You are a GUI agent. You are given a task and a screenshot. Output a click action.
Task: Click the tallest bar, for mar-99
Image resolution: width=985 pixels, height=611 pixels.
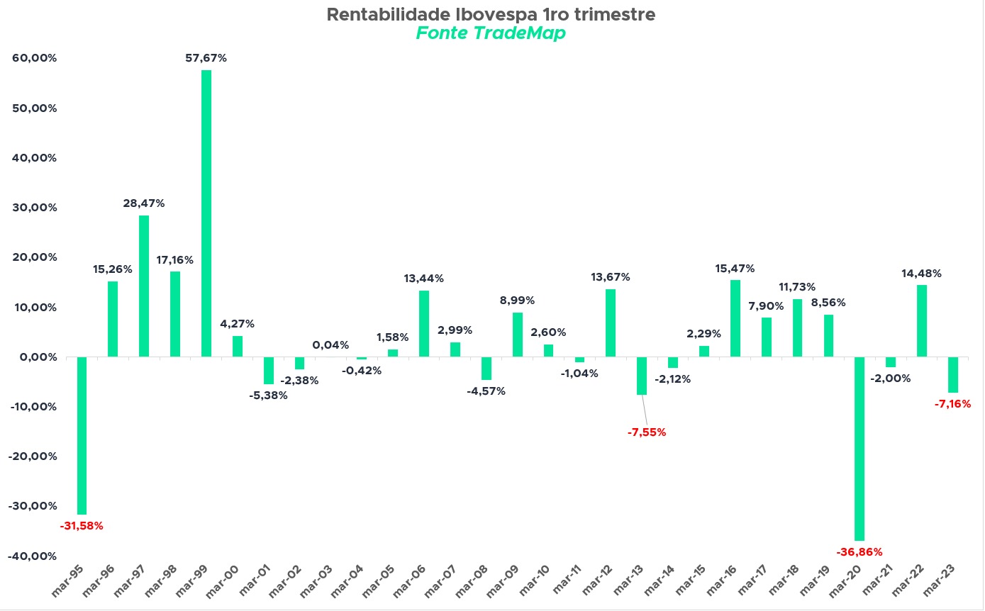pyautogui.click(x=206, y=213)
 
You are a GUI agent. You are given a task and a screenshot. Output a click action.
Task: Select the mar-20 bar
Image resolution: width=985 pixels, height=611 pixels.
pyautogui.click(x=859, y=449)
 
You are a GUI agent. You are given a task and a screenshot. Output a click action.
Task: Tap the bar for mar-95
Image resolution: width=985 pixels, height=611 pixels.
pyautogui.click(x=82, y=435)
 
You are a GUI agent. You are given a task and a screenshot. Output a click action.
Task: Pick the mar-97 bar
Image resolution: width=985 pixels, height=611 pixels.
pyautogui.click(x=144, y=286)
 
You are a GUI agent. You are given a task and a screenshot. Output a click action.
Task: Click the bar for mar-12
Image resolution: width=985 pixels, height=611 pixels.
pyautogui.click(x=611, y=323)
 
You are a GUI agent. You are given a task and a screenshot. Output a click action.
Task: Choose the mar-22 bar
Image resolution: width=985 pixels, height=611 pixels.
pyautogui.click(x=922, y=321)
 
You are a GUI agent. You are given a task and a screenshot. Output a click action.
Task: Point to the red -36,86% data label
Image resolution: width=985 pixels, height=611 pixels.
pyautogui.click(x=859, y=552)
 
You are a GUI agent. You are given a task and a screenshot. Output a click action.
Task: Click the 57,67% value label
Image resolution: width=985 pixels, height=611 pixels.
pyautogui.click(x=206, y=58)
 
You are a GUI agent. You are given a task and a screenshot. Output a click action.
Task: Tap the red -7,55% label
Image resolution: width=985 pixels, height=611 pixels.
pyautogui.click(x=647, y=432)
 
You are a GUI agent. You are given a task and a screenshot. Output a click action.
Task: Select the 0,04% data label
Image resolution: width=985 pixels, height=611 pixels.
pyautogui.click(x=330, y=345)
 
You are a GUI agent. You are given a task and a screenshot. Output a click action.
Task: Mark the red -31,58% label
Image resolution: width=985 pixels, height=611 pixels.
pyautogui.click(x=82, y=526)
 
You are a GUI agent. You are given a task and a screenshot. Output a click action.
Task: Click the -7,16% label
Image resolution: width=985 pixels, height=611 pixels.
pyautogui.click(x=952, y=404)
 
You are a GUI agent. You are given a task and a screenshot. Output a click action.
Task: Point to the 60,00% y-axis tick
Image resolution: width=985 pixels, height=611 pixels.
pyautogui.click(x=35, y=58)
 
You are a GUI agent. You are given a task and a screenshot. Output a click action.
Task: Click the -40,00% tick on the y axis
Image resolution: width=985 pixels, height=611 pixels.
pyautogui.click(x=33, y=556)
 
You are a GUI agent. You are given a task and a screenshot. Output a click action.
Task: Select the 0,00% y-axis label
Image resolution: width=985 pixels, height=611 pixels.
pyautogui.click(x=38, y=357)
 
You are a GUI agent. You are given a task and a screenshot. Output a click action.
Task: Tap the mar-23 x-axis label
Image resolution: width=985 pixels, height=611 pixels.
pyautogui.click(x=940, y=581)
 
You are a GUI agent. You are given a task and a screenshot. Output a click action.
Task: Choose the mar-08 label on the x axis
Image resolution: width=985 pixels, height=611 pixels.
pyautogui.click(x=472, y=581)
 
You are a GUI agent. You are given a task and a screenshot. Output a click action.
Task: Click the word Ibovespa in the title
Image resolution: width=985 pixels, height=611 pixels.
pyautogui.click(x=496, y=15)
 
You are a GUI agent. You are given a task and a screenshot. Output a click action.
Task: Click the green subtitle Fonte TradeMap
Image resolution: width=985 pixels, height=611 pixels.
pyautogui.click(x=491, y=33)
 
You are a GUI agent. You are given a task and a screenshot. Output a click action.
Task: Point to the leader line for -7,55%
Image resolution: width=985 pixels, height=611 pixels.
pyautogui.click(x=645, y=410)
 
